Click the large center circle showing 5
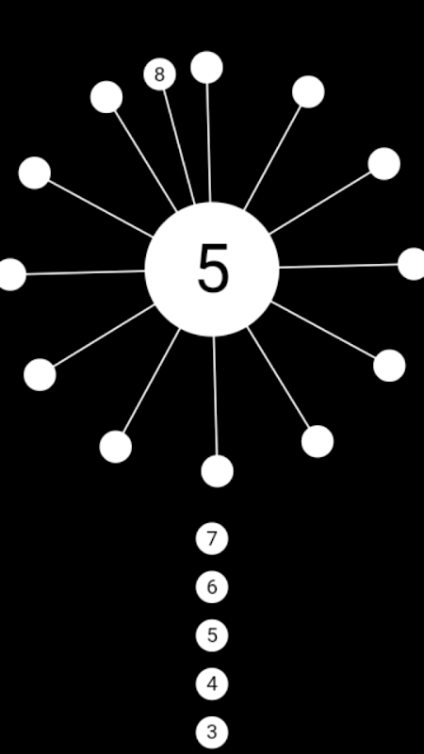(212, 270)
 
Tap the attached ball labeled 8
(159, 74)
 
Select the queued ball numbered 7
(212, 538)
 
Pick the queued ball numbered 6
(212, 587)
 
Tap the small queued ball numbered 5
(212, 635)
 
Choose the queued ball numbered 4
(212, 684)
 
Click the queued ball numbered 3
(212, 732)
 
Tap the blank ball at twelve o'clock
(206, 67)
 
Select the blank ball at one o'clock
(308, 91)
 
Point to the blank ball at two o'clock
(384, 164)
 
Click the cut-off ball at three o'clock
(412, 264)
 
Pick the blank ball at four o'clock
(389, 366)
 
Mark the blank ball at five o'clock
(318, 441)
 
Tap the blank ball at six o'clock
(218, 471)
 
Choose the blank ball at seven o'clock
(116, 447)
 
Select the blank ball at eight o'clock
(40, 374)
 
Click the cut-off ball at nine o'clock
(10, 274)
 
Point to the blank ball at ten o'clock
(35, 173)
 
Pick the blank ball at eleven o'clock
(106, 97)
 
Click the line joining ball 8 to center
(179, 147)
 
